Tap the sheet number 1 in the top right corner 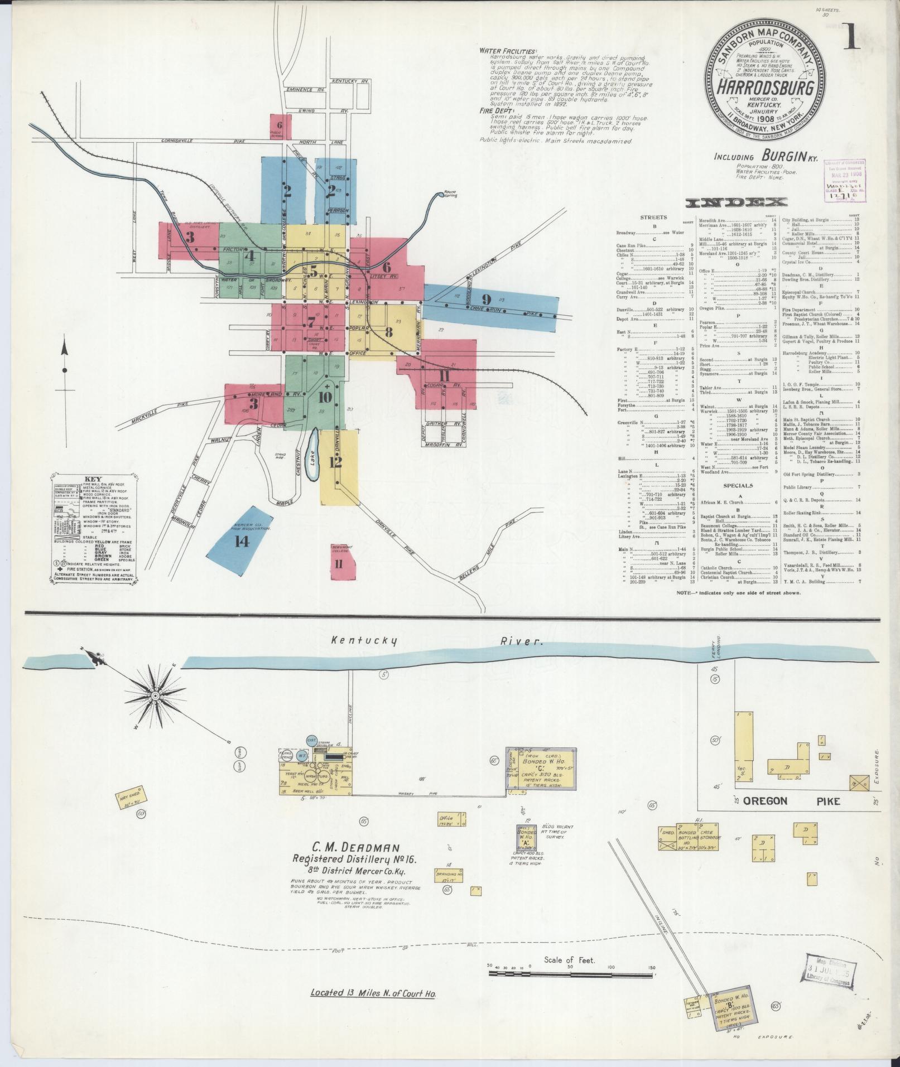(x=851, y=41)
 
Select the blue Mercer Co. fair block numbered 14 (x=241, y=539)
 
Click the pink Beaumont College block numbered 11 (x=339, y=563)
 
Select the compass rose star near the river (x=156, y=696)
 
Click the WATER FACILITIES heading (x=507, y=50)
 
